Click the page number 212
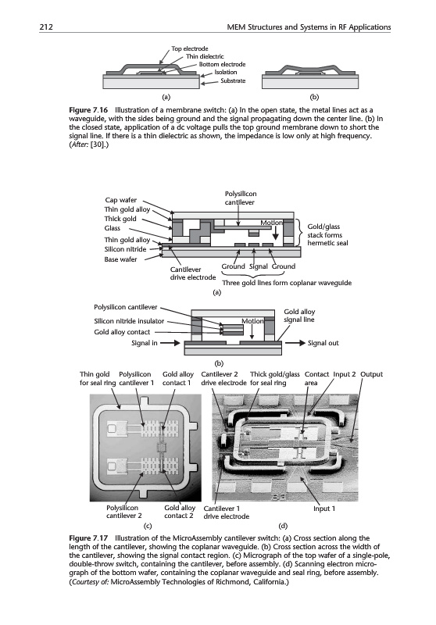tap(46, 27)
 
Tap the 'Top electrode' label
tap(190, 48)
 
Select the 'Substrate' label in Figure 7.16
tap(233, 80)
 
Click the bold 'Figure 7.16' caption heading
tap(88, 110)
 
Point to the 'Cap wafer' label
tap(121, 200)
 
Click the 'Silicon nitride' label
tap(125, 249)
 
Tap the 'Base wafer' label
tap(120, 259)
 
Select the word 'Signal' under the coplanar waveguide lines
tap(258, 266)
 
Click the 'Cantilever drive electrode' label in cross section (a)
tap(192, 273)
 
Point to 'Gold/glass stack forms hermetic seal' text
tap(327, 235)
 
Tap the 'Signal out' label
tap(323, 343)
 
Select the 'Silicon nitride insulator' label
tap(129, 321)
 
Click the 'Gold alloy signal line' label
tap(299, 316)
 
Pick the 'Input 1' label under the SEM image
tap(324, 509)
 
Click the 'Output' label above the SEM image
tap(371, 374)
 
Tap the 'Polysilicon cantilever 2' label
tap(124, 512)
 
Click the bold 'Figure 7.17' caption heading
tap(88, 538)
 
